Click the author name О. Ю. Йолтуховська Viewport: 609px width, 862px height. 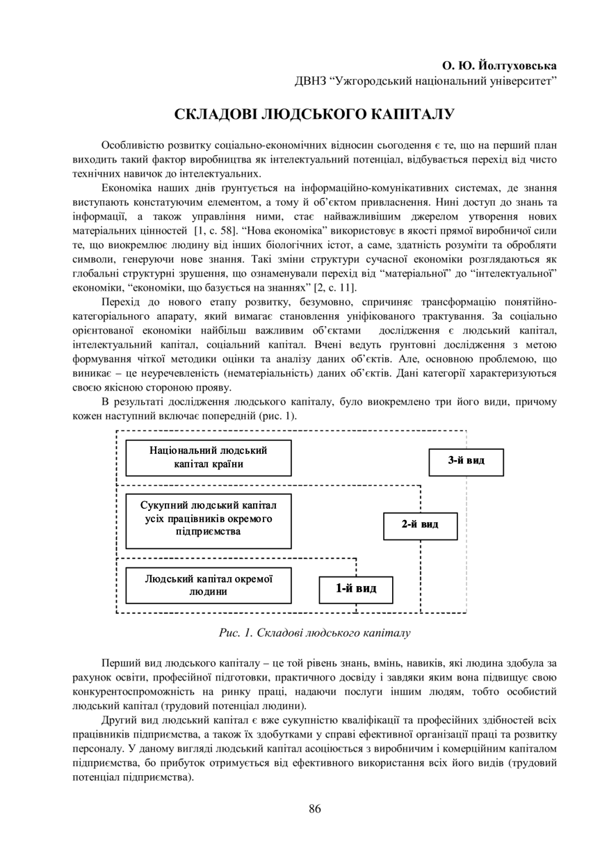pyautogui.click(x=500, y=66)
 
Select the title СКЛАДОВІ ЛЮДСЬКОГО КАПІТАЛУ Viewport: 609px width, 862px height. pyautogui.click(x=314, y=113)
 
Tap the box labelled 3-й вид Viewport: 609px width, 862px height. pyautogui.click(x=466, y=462)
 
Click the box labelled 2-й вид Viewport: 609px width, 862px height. pyautogui.click(x=420, y=526)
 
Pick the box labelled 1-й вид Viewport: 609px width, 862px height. pyautogui.click(x=356, y=589)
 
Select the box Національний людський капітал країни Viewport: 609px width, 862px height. pyautogui.click(x=208, y=457)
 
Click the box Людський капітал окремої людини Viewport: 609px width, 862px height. pyautogui.click(x=208, y=585)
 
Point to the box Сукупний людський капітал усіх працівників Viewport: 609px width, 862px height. pyautogui.click(x=208, y=521)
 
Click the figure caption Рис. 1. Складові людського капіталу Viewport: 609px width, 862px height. pyautogui.click(x=314, y=633)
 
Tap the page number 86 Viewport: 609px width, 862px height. pyautogui.click(x=314, y=808)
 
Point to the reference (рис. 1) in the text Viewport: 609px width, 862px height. pyautogui.click(x=278, y=416)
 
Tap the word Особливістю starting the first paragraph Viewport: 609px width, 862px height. pyautogui.click(x=132, y=145)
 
